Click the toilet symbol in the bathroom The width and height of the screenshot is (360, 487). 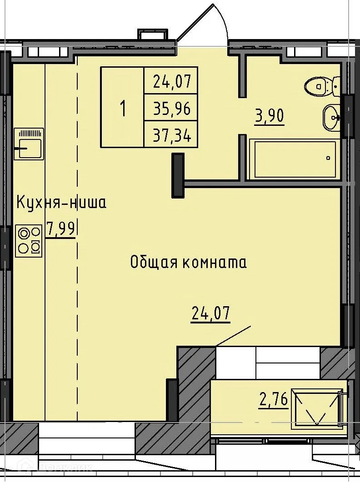322,85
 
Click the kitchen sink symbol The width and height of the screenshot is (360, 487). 29,144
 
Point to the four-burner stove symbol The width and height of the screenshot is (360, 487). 29,241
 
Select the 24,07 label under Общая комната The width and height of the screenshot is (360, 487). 210,313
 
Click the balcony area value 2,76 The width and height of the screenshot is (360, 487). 273,400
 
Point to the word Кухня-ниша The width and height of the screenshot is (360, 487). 61,202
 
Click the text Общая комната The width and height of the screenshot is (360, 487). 188,262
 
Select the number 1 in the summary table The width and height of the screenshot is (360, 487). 122,108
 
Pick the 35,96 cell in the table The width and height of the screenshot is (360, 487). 171,108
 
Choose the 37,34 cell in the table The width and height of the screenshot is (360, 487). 171,135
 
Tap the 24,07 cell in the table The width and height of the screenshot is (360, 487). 171,82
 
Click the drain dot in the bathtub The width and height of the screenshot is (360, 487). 328,159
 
